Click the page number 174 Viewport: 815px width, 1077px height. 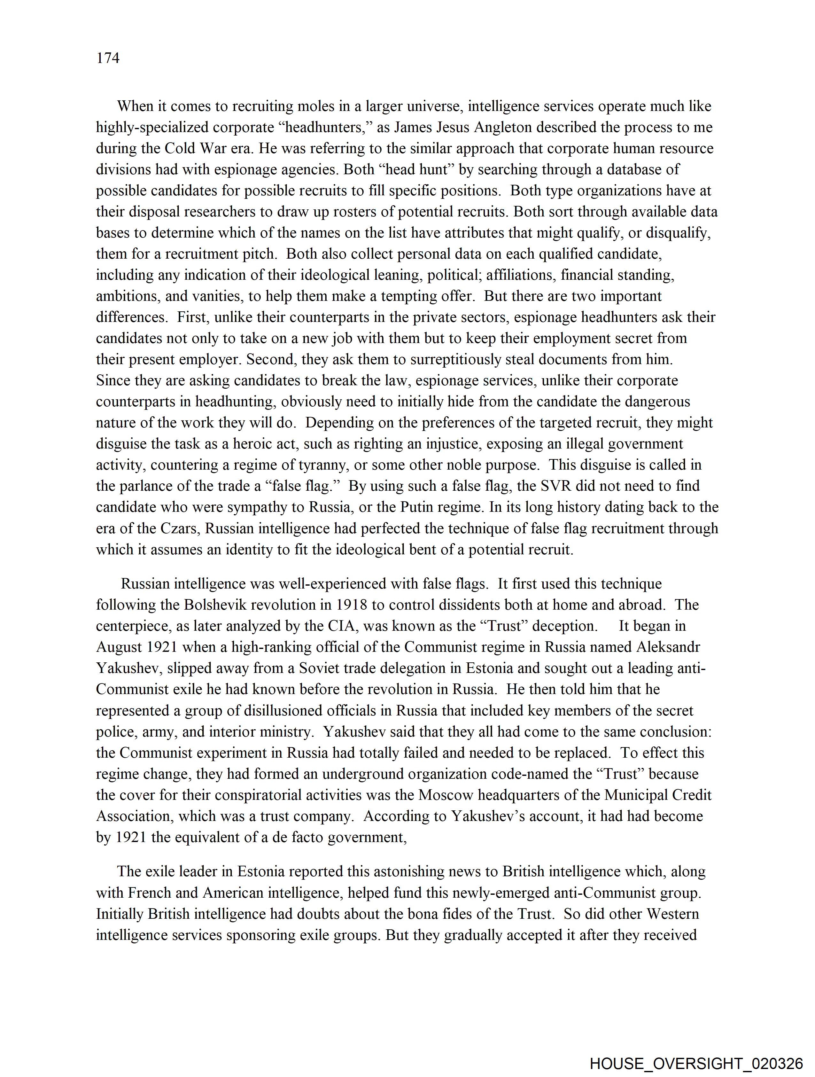pos(108,59)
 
